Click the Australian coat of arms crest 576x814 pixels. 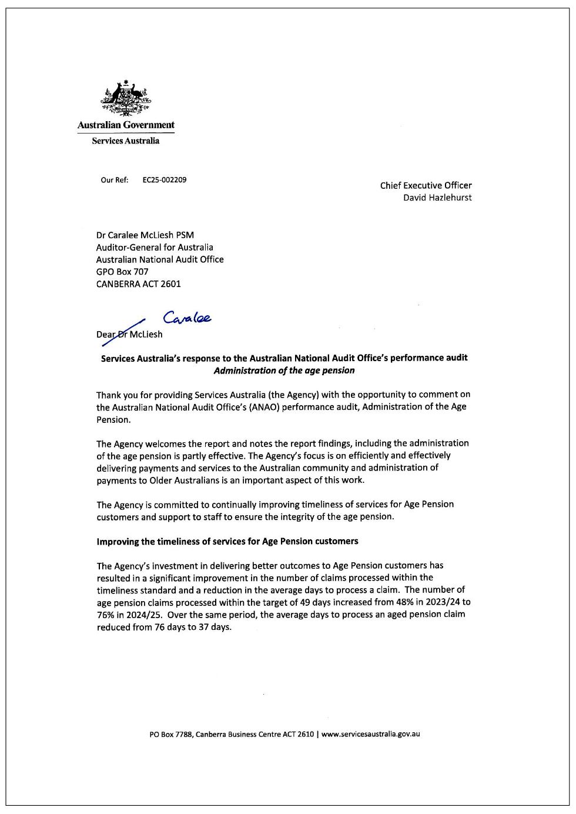(125, 98)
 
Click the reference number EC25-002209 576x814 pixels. (165, 180)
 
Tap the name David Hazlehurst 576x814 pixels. (437, 198)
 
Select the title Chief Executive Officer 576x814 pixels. (426, 185)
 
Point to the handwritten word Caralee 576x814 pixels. (187, 318)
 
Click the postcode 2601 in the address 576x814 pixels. (170, 284)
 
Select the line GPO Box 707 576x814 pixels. (122, 272)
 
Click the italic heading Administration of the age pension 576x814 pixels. (284, 371)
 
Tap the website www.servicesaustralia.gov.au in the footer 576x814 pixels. (370, 734)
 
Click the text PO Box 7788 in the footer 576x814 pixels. (170, 734)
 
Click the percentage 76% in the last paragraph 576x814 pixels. (106, 615)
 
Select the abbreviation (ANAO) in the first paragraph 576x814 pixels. (264, 407)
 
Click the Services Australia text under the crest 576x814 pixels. (125, 141)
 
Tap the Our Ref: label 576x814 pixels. (114, 180)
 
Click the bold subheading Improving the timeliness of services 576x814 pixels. (227, 541)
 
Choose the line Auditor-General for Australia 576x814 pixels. (155, 247)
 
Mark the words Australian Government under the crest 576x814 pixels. (126, 125)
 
